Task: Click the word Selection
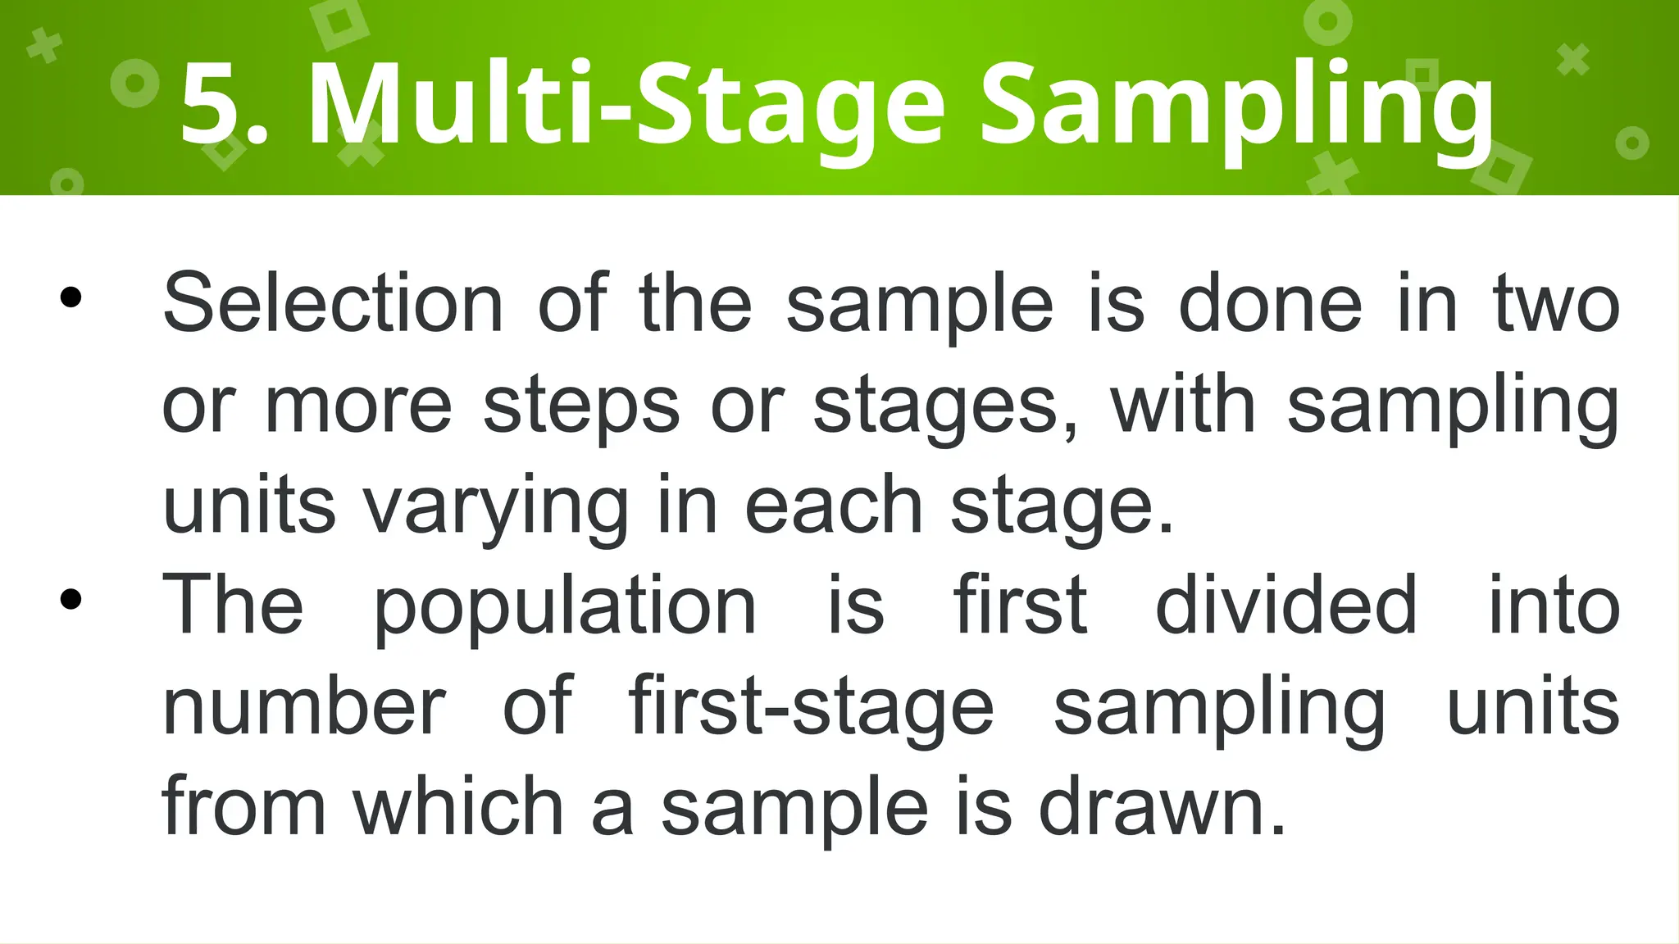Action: pos(333,304)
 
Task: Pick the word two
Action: pos(1557,304)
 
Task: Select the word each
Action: pos(833,506)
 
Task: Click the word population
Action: pos(565,607)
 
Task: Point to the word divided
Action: pos(1286,606)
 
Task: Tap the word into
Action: pos(1554,606)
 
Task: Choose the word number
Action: pos(304,706)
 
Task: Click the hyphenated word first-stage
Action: pos(812,706)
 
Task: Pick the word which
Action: pos(458,807)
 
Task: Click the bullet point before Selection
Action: pos(71,297)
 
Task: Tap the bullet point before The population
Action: pos(71,600)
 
